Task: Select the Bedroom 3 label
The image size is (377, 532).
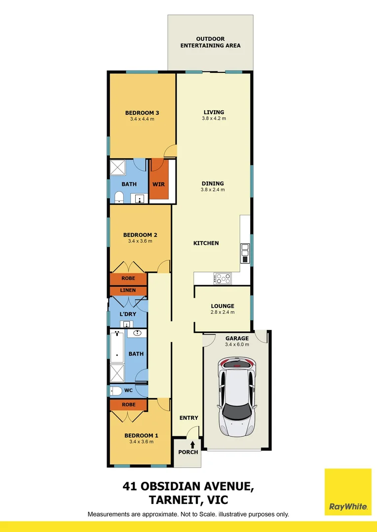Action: pos(142,112)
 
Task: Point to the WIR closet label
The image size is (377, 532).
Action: pos(158,184)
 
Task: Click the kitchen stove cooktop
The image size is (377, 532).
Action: pos(223,278)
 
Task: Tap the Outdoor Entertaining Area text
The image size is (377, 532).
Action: pos(210,42)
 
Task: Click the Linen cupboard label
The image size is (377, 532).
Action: pos(128,290)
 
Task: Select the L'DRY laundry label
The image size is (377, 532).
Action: pos(128,314)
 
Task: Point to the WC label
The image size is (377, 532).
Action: pos(128,391)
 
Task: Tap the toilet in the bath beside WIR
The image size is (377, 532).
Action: pos(118,198)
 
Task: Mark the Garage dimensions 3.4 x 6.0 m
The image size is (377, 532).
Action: pos(237,344)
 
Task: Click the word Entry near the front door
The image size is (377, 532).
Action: pos(188,418)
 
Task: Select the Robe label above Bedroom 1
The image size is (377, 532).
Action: pos(128,404)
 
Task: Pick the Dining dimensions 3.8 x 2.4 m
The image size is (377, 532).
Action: pos(213,190)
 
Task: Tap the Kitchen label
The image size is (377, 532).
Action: pos(206,243)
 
